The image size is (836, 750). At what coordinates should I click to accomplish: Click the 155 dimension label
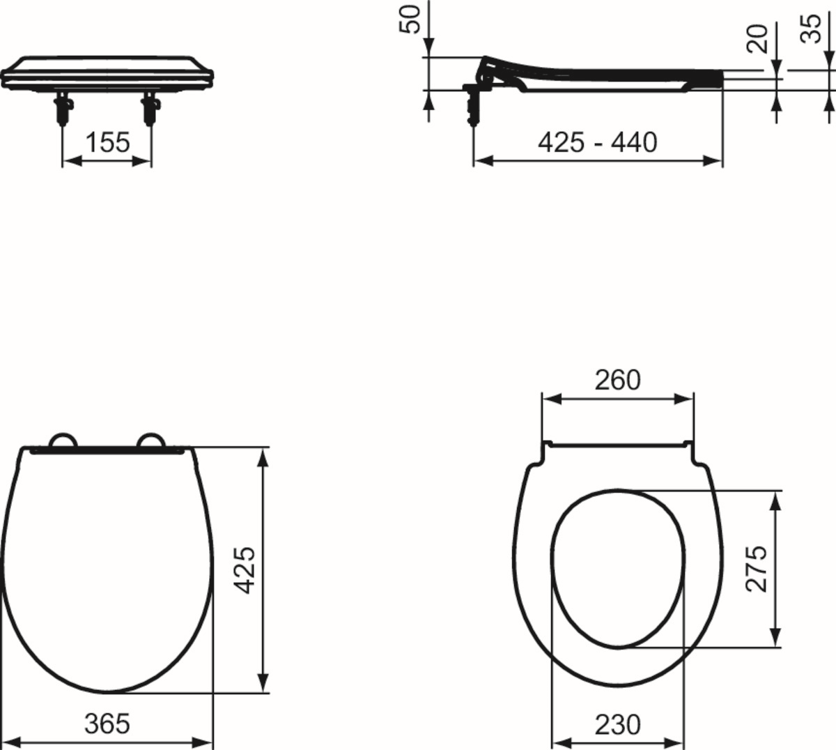107,142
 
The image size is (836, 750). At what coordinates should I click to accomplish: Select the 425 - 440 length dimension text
597,142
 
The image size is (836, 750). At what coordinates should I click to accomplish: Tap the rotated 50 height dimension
412,19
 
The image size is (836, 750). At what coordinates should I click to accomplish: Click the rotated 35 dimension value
811,29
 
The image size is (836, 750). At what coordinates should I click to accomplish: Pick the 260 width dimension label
617,380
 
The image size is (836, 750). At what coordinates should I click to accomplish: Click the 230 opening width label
617,725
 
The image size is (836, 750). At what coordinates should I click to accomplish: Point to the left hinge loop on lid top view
63,440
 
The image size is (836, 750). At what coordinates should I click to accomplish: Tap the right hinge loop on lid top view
151,440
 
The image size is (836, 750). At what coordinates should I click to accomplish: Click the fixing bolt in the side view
474,101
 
